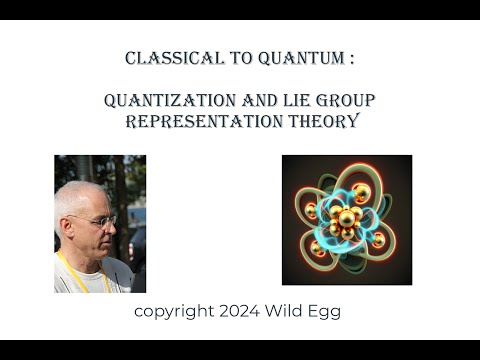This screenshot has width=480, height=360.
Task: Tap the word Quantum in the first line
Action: [x=297, y=59]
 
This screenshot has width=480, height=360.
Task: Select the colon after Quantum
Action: [x=351, y=59]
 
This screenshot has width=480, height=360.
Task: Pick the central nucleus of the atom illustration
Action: [x=347, y=218]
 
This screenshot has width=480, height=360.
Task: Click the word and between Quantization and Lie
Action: [x=244, y=101]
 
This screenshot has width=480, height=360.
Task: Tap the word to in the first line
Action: [x=233, y=59]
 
